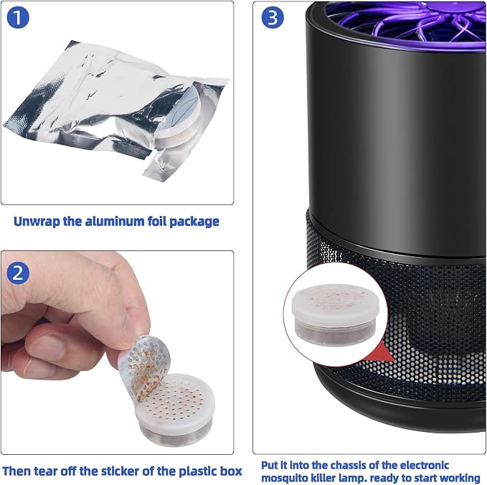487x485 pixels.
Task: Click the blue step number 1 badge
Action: point(18,17)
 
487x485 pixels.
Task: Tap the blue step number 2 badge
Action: point(18,273)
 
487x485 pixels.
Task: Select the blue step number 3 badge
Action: point(273,17)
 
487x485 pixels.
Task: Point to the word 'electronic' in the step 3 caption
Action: point(425,465)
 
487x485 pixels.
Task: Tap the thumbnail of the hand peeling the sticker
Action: point(117,352)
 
